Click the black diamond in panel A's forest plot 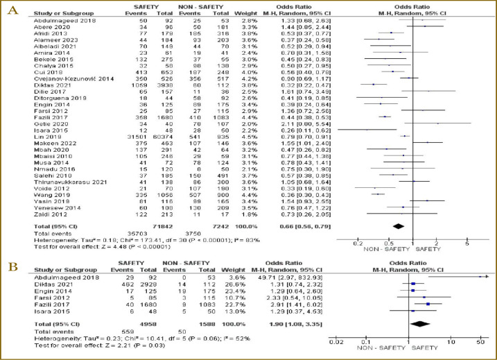[399, 226]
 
